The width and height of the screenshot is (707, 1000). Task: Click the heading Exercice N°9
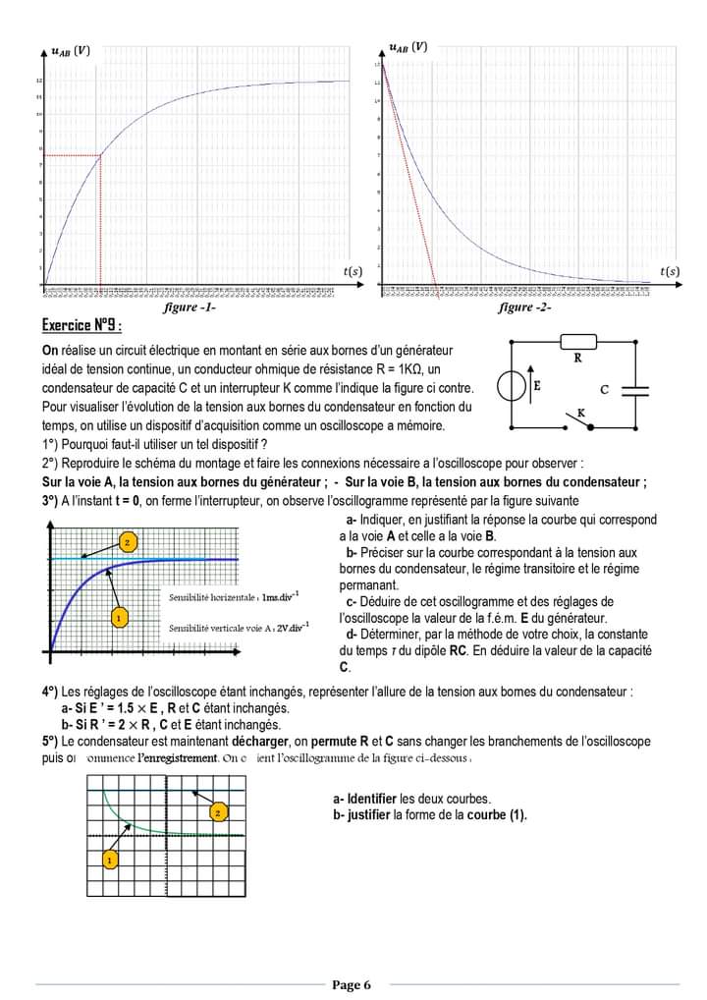[82, 326]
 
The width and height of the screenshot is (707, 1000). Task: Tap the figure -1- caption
[190, 307]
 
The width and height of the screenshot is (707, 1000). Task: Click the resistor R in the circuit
[577, 342]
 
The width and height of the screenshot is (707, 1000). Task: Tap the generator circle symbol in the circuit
[512, 386]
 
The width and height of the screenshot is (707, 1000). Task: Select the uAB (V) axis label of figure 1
[70, 51]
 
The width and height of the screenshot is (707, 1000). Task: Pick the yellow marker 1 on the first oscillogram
[118, 618]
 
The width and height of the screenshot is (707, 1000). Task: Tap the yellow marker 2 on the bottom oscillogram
[217, 811]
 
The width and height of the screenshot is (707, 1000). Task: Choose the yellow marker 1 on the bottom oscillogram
[110, 860]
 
